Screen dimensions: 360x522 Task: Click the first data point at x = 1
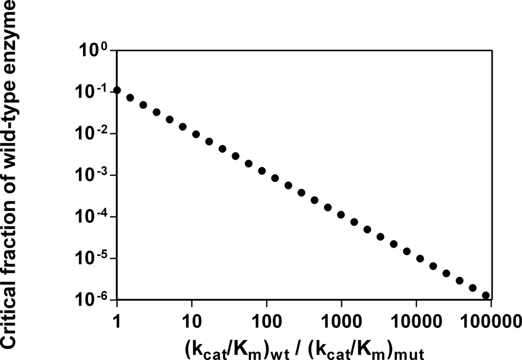point(117,90)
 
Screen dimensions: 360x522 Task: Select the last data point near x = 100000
point(486,295)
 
